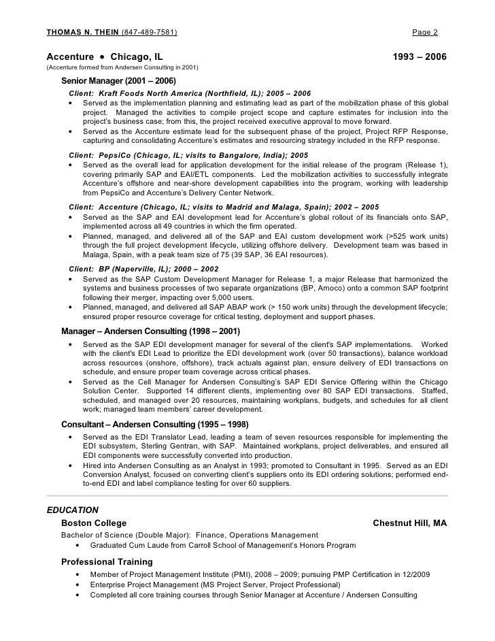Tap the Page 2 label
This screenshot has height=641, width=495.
point(425,32)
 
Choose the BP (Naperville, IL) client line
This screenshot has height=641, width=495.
point(144,269)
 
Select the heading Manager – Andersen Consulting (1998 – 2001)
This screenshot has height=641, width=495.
point(150,331)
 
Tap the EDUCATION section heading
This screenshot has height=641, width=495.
point(72,510)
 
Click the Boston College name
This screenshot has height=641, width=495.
point(94,523)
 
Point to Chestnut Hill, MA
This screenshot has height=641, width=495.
point(410,523)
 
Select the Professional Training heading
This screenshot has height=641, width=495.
point(107,562)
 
